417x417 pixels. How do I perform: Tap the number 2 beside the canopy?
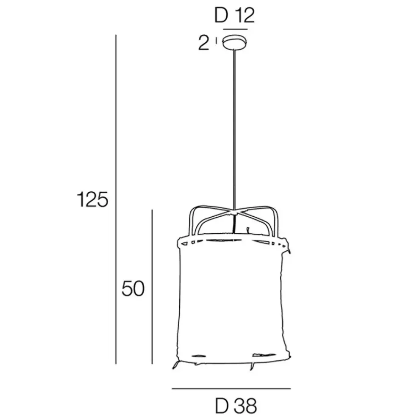(204, 43)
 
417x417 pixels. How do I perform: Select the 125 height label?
(92, 199)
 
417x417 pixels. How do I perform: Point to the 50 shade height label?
(133, 288)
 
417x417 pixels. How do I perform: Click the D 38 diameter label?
(236, 406)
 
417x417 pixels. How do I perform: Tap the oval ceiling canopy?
(235, 43)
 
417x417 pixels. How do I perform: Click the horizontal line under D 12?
(235, 29)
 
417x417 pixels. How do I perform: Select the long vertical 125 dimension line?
(116, 199)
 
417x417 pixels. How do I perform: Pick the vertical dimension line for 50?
(152, 287)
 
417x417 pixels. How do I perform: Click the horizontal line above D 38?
(231, 389)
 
